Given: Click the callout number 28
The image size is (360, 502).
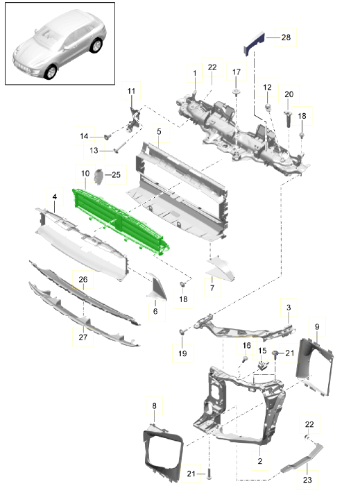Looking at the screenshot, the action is coord(286,37).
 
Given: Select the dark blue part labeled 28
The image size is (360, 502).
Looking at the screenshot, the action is coord(254,43).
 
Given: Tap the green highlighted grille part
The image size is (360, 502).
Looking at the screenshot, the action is coord(121,221).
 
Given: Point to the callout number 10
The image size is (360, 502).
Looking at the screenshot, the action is coord(85,174).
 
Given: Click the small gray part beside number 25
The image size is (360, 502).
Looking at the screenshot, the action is coord(98,176).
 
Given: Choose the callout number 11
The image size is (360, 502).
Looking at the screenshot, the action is coord(131,91).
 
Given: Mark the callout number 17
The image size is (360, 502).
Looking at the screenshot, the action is coord(237,72).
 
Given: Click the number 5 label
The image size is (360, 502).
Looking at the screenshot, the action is coord(159,132).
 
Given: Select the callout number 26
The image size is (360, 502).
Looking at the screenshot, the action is coord(83,279).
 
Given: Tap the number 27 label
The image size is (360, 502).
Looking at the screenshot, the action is coord(83,337).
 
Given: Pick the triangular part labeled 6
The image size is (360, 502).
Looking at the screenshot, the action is coord(156,287).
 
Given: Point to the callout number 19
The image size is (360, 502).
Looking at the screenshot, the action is coord(182,353).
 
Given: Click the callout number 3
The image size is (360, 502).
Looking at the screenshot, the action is coord(289,308).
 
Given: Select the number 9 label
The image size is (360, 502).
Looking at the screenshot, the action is coord(317,327).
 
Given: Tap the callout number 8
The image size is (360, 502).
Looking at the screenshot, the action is coord(154,406).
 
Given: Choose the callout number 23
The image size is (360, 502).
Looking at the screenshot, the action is coord(307,480).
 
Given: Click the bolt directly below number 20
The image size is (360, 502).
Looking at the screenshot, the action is coord(289,118).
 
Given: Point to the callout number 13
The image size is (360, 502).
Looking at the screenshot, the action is coord(94,150).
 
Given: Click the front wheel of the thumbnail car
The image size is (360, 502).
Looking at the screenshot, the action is coord(51,72).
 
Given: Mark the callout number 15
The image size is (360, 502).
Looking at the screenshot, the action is coord(262,350).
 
